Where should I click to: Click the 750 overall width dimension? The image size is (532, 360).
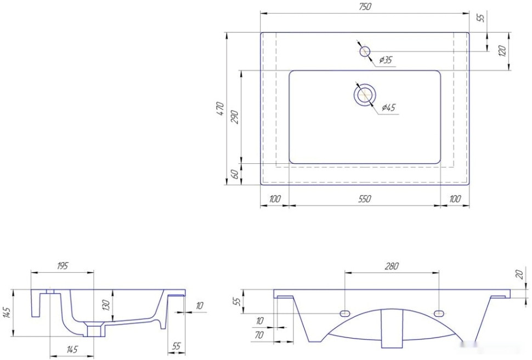point(364,7)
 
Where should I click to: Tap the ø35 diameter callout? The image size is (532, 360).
point(386,60)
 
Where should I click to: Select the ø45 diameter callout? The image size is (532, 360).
point(388,107)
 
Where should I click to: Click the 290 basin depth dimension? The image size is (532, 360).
point(235,117)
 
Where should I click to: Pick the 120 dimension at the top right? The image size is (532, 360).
point(502,51)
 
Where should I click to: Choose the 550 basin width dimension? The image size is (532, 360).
point(364,199)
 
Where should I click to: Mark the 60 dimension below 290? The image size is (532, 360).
point(234,174)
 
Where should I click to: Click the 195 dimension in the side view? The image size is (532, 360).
point(62,266)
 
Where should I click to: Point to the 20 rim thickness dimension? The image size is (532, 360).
point(519,275)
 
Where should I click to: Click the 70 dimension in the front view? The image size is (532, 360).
point(259,335)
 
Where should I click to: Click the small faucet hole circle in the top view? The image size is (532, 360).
point(365,52)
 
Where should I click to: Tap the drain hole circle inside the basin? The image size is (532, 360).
point(365,95)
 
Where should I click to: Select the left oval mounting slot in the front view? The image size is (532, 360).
point(345,312)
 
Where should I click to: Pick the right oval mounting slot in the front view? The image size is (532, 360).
point(439,312)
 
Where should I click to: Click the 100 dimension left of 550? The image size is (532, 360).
point(275,199)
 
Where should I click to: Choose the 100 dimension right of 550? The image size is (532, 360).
point(455,199)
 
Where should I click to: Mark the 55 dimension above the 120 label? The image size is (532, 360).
point(481,18)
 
